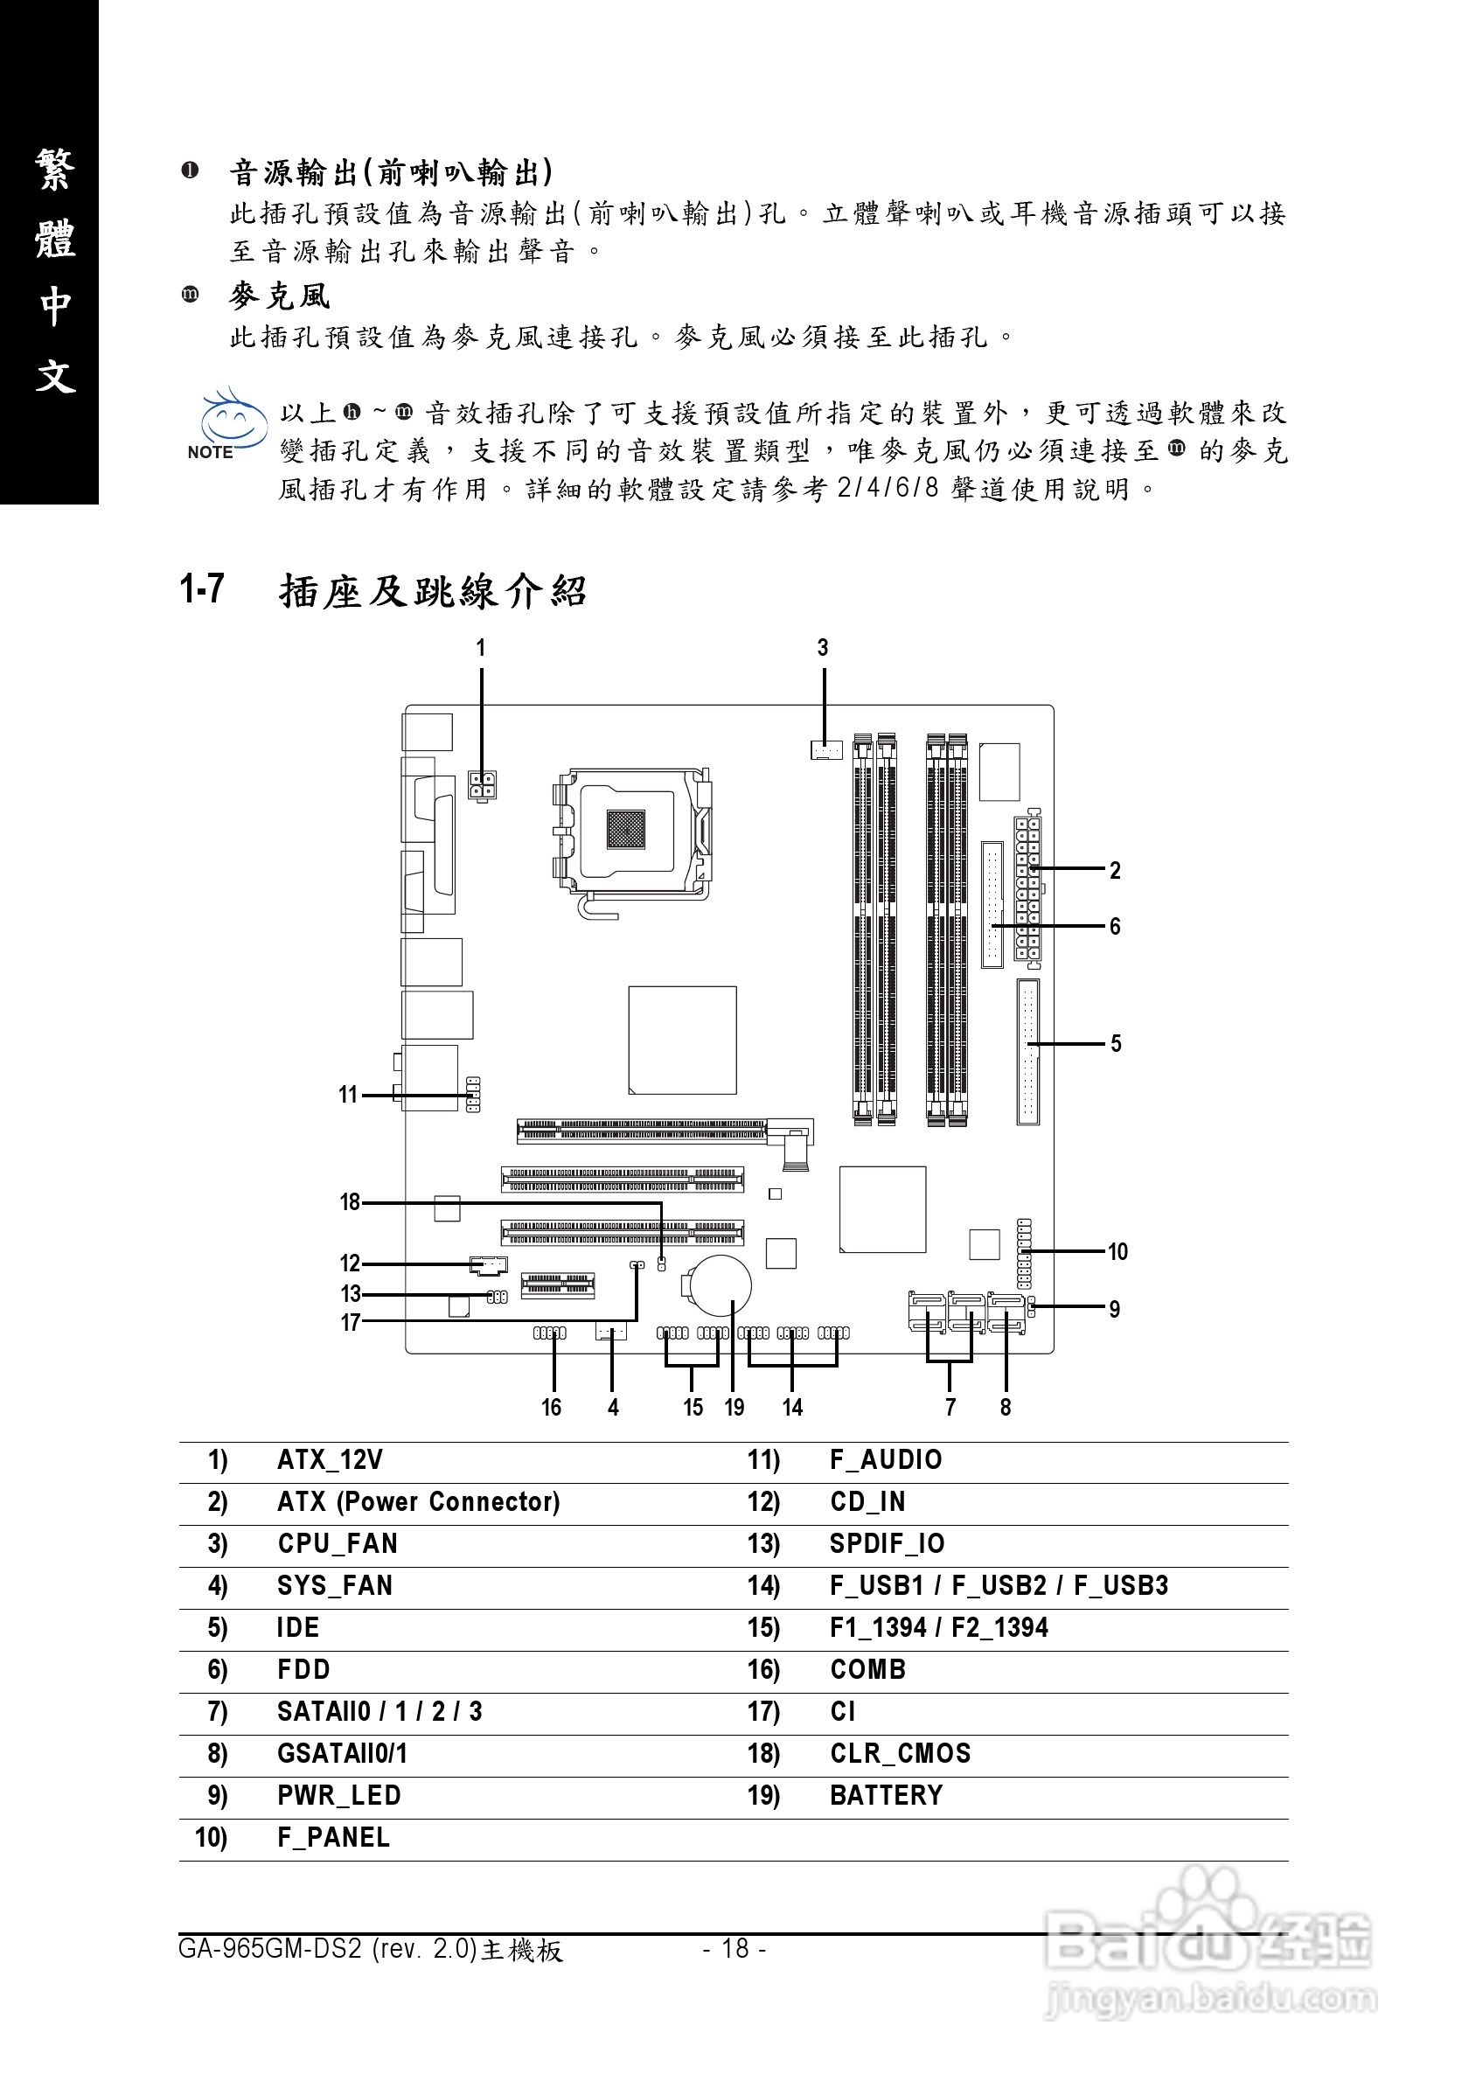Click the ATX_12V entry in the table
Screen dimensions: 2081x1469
click(330, 1460)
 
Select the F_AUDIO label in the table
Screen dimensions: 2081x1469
click(886, 1460)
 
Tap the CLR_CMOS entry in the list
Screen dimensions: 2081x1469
click(900, 1754)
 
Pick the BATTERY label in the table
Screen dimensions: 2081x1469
click(887, 1795)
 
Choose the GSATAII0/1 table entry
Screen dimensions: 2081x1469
click(342, 1754)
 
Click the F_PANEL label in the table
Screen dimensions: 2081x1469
click(333, 1837)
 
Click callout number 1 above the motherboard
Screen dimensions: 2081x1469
click(481, 648)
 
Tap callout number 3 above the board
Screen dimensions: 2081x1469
click(823, 648)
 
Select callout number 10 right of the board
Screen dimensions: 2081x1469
click(1117, 1252)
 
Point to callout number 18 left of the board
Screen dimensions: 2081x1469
click(350, 1202)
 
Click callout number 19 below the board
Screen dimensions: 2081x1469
click(734, 1408)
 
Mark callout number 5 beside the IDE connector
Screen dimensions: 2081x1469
click(1116, 1044)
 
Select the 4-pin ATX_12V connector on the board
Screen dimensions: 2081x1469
click(482, 785)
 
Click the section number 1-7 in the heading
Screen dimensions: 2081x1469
click(202, 589)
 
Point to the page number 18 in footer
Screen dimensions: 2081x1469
click(735, 1948)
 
